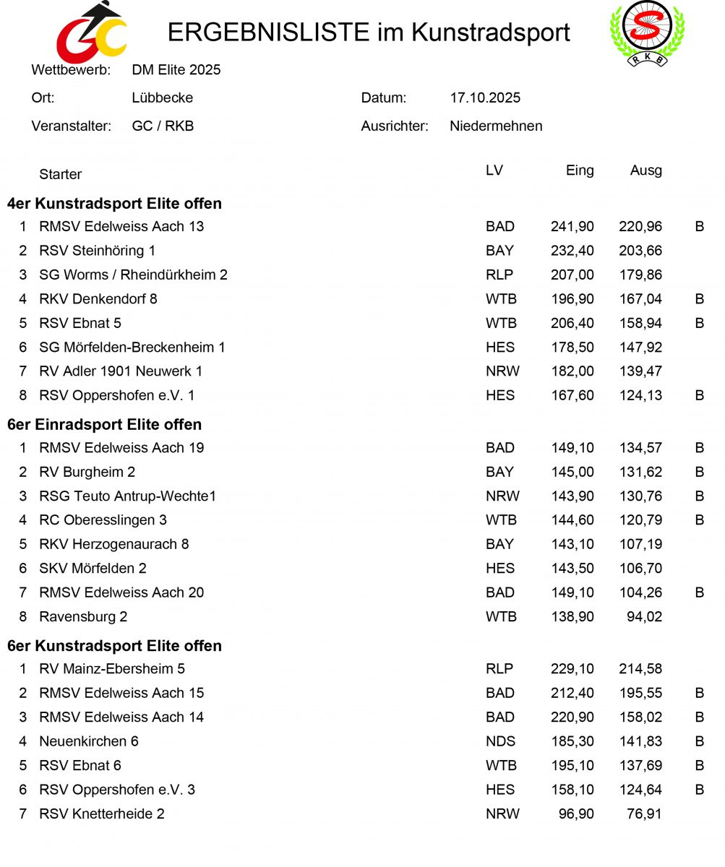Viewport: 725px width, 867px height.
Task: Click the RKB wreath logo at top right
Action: click(x=647, y=32)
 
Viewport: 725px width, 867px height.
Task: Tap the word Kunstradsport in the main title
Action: click(x=491, y=33)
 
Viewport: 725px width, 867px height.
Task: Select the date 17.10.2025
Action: click(x=484, y=98)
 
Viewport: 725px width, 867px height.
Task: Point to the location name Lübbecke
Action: click(x=162, y=98)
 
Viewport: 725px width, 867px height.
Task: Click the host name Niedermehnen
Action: click(x=496, y=126)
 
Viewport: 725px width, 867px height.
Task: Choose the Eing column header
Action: click(x=580, y=171)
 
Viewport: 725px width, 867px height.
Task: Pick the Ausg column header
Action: click(x=645, y=171)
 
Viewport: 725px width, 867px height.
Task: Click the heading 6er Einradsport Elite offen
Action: click(x=104, y=424)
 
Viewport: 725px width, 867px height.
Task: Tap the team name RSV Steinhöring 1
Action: click(x=97, y=251)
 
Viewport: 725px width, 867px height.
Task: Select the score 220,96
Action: click(x=640, y=226)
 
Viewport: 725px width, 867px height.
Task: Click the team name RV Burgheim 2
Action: click(x=87, y=472)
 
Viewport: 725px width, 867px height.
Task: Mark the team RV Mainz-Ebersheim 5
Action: click(x=112, y=668)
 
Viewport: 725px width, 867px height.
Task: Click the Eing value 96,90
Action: click(x=576, y=814)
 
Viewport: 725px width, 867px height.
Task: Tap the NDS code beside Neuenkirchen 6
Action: click(x=500, y=741)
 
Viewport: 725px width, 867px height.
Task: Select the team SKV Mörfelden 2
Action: click(x=93, y=568)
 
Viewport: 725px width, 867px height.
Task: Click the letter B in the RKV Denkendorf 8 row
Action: click(x=699, y=298)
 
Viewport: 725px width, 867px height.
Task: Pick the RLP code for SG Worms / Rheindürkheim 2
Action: click(x=499, y=275)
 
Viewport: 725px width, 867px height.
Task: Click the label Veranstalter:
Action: click(x=71, y=126)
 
